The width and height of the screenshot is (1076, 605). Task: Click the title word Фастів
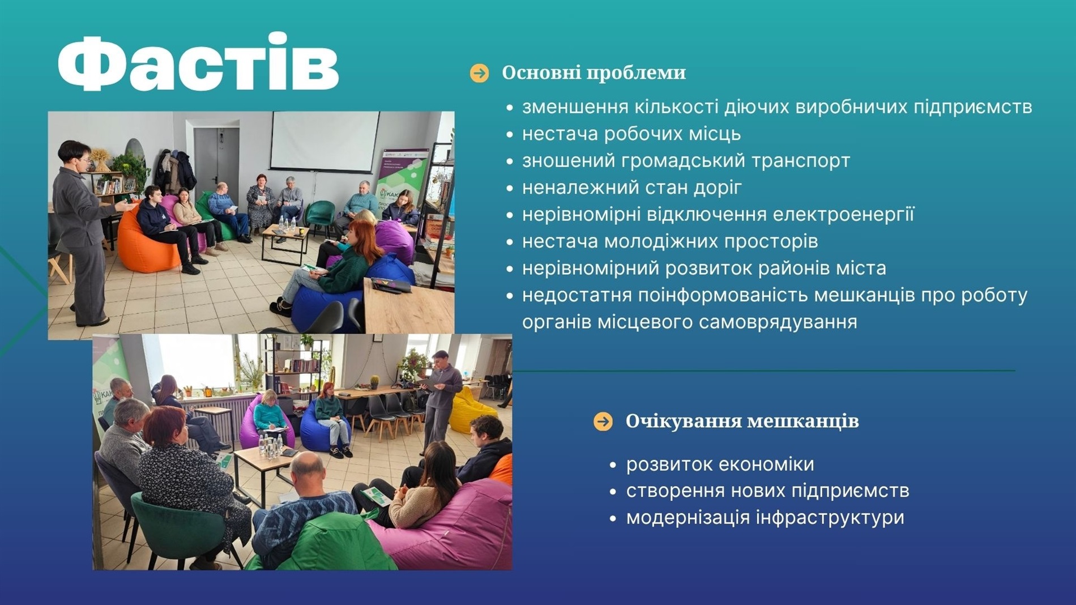pyautogui.click(x=198, y=62)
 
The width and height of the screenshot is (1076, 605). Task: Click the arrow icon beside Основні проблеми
pyautogui.click(x=479, y=73)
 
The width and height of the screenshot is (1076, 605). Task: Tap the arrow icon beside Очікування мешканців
pyautogui.click(x=603, y=421)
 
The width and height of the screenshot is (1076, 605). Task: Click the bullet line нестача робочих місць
pyautogui.click(x=631, y=134)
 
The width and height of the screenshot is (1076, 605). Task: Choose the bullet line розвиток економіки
pyautogui.click(x=720, y=465)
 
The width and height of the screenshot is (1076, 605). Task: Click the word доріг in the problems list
pyautogui.click(x=720, y=188)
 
